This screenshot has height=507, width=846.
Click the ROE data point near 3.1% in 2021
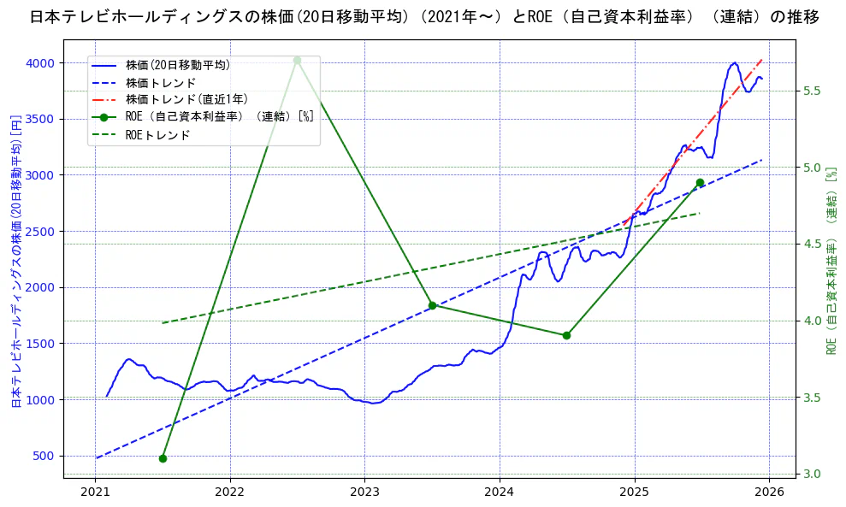pos(163,458)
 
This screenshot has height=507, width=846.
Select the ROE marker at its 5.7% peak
pos(297,60)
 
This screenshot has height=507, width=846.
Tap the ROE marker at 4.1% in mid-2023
pos(432,305)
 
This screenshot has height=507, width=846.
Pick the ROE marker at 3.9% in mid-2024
pos(566,335)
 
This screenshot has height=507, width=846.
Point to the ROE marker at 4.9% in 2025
pos(700,182)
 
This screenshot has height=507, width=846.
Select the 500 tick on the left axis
pos(43,456)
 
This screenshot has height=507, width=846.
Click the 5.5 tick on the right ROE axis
pos(813,91)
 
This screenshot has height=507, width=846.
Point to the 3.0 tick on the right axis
pos(813,474)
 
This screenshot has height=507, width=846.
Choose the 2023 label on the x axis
pos(364,492)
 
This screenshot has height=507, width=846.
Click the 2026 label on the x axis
pos(769,492)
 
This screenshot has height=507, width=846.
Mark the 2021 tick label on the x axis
pos(95,492)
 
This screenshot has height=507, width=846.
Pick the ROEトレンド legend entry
pos(157,134)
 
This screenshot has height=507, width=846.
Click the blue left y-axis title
pos(15,260)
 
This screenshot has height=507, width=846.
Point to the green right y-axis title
pos(831,261)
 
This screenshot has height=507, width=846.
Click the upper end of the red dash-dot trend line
pos(761,60)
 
